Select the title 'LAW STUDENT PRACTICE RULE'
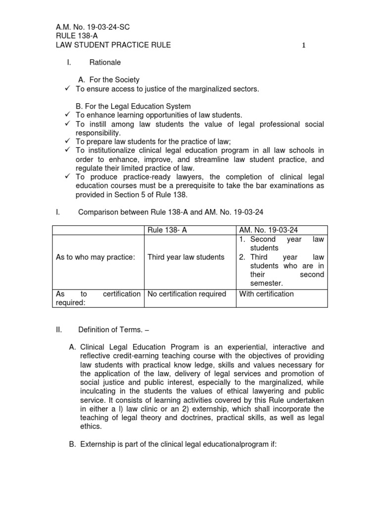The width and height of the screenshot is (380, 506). [114, 45]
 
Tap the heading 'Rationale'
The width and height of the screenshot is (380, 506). [105, 63]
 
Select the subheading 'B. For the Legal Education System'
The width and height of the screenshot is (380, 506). [133, 106]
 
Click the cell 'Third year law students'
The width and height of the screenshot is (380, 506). [186, 257]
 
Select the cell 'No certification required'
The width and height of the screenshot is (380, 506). [187, 294]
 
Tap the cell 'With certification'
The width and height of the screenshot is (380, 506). [266, 294]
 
